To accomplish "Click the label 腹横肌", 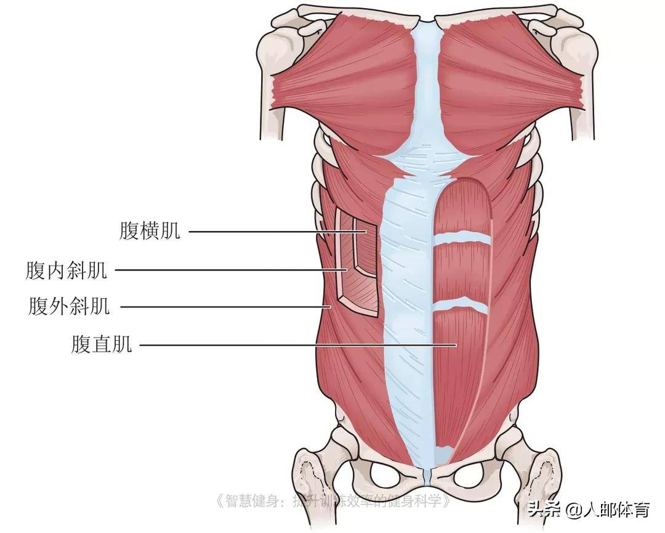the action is click(x=150, y=231).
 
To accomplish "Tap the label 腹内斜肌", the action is click(x=66, y=270).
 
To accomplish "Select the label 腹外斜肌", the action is click(x=69, y=306).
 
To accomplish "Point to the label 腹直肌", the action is click(x=102, y=344).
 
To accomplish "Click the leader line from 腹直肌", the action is click(x=298, y=345).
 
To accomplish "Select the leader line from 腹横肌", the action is click(x=277, y=232).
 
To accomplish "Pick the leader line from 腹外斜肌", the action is click(x=225, y=306).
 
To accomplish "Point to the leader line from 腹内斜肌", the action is click(x=231, y=270).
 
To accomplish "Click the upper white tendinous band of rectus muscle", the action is click(x=462, y=238).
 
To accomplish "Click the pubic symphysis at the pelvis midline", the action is click(x=428, y=476).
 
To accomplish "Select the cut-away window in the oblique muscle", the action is click(x=357, y=262).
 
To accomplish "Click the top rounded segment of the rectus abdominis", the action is click(x=463, y=206).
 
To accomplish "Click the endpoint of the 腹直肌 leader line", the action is click(x=456, y=345).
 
